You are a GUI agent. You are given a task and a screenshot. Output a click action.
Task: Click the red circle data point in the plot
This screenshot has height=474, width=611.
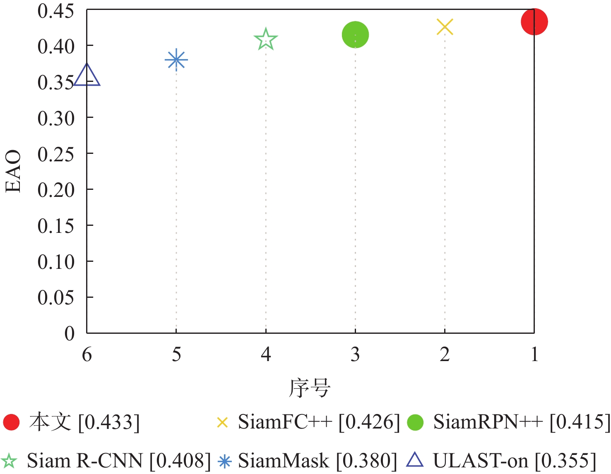click(534, 22)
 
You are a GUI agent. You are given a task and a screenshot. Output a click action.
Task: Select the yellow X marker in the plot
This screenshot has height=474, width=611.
click(445, 27)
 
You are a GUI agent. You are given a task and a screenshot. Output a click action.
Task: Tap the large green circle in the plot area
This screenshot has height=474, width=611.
click(355, 35)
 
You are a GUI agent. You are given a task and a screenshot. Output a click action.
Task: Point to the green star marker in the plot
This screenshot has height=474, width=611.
click(265, 40)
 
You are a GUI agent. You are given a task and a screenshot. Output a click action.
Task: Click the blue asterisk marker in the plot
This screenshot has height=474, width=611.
click(176, 60)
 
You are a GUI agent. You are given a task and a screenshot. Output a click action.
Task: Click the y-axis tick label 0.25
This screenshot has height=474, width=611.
click(56, 154)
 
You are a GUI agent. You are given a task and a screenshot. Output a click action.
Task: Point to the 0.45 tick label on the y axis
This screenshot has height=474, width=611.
click(56, 11)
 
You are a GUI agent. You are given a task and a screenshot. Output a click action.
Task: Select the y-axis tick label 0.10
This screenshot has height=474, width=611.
click(56, 262)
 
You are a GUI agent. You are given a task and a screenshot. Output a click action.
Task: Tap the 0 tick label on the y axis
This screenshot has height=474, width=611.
click(70, 333)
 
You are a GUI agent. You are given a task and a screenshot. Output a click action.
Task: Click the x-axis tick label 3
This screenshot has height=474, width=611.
click(355, 354)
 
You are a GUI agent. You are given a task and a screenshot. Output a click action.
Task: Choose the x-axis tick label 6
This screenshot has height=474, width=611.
click(87, 354)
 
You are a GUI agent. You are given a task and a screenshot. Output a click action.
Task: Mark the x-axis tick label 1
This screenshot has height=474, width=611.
click(534, 354)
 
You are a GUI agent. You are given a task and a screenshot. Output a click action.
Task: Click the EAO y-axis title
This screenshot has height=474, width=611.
click(13, 171)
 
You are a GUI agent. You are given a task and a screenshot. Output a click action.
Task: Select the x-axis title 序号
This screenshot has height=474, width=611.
click(310, 388)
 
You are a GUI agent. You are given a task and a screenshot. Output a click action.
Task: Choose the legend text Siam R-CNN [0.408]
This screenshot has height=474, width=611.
click(119, 460)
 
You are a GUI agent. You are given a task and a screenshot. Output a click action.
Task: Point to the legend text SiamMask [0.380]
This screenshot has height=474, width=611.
click(318, 460)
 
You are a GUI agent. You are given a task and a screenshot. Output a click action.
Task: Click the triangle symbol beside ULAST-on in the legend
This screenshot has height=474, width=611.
click(415, 460)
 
